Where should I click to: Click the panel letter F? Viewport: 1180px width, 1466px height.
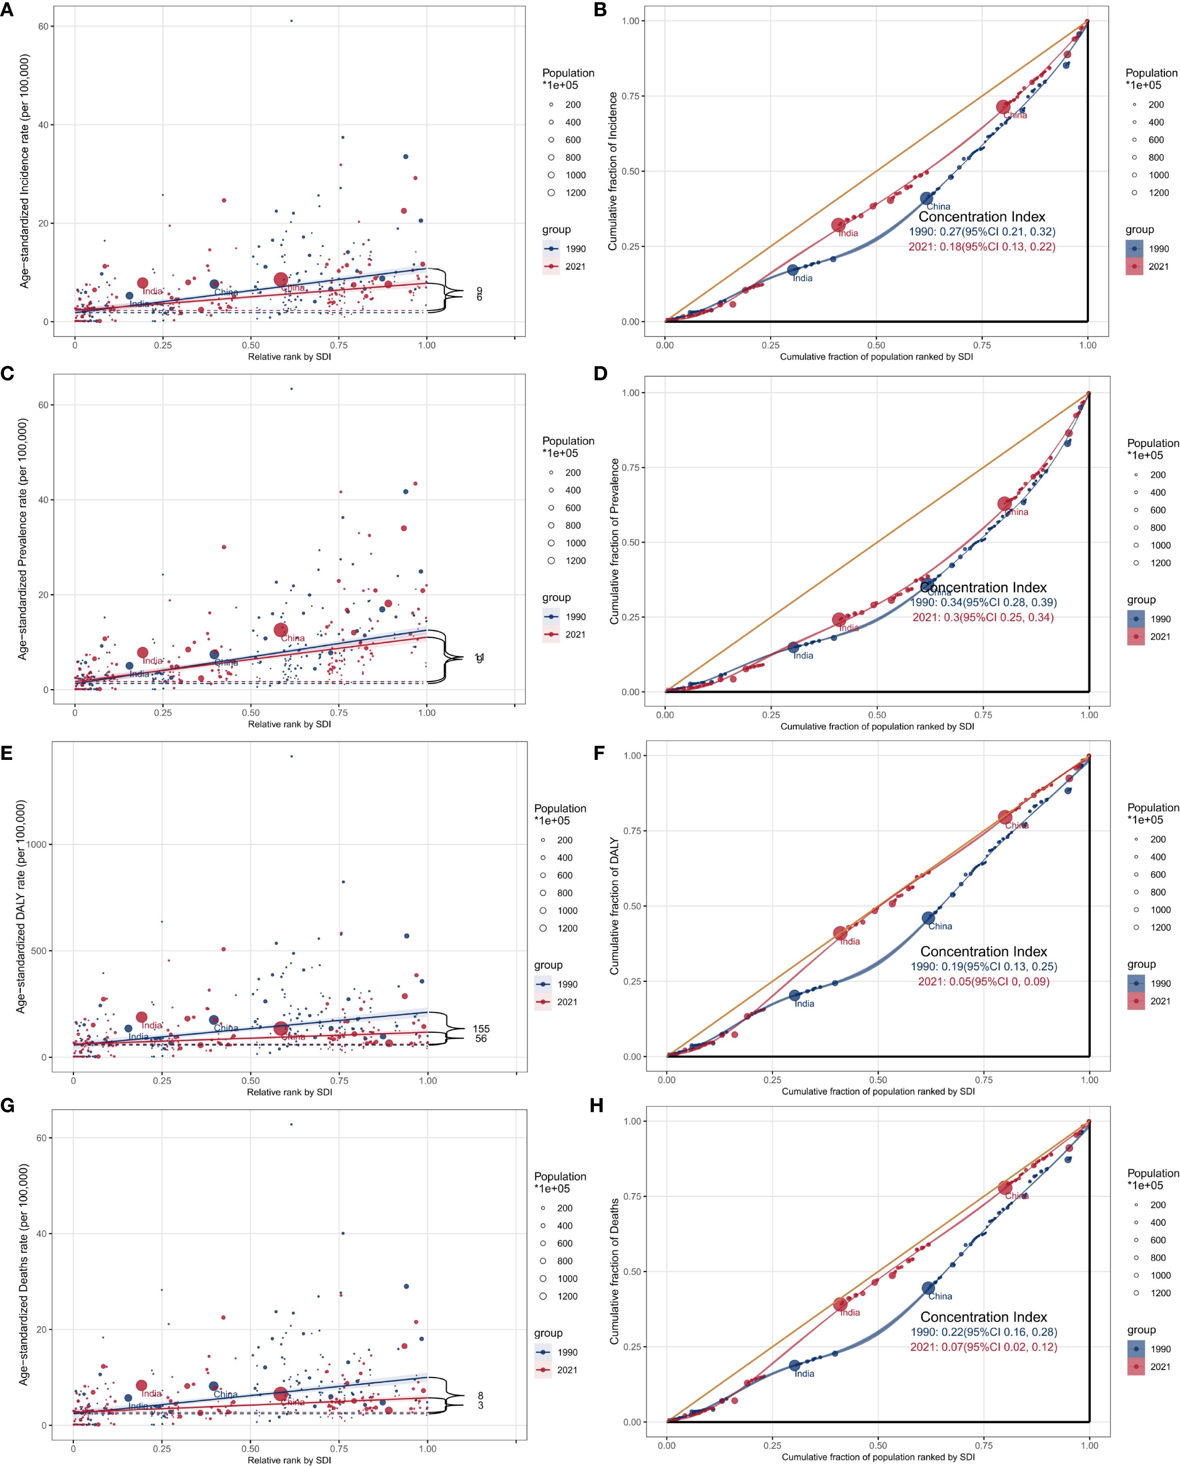pos(599,753)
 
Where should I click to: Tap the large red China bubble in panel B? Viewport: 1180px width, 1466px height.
pos(1003,107)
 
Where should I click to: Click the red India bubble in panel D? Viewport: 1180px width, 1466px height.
pos(839,620)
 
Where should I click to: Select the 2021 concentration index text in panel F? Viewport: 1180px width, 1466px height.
pos(984,981)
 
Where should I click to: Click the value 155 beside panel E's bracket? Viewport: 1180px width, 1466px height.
pos(481,1029)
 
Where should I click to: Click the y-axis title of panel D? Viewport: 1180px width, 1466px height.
pos(614,541)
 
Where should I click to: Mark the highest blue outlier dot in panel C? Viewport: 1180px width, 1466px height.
pos(291,389)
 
